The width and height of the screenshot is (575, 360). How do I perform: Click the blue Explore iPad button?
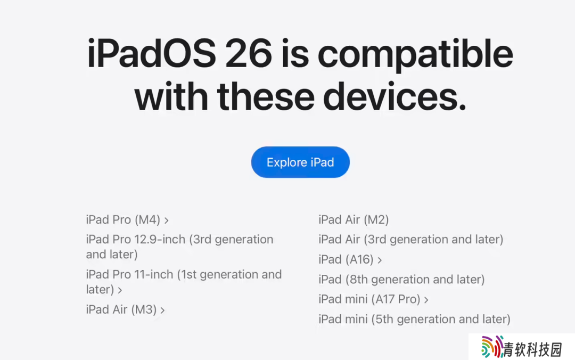(300, 162)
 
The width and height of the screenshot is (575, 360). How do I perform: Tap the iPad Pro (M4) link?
(127, 220)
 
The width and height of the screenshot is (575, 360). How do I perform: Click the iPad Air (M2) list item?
(354, 220)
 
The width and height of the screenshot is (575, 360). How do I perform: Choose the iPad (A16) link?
(350, 260)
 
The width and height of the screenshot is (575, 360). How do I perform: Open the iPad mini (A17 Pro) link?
(373, 299)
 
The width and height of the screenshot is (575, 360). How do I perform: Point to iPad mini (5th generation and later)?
(414, 320)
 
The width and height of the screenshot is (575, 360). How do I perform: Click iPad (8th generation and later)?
(401, 280)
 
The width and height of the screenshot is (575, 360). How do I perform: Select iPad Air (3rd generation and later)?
(410, 240)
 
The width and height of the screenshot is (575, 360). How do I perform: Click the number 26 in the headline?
(249, 54)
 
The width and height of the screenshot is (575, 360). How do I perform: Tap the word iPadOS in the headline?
(151, 54)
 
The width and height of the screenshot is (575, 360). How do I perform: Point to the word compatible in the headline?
(415, 55)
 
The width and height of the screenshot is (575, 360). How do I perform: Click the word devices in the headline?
(395, 96)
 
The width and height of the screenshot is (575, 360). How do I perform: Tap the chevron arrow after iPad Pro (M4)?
(167, 220)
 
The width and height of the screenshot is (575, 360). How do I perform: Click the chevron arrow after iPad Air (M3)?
(162, 310)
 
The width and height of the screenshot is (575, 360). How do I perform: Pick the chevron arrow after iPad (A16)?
(380, 260)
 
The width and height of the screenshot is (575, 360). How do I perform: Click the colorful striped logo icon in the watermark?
(492, 347)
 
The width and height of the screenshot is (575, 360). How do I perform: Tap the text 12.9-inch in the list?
(160, 240)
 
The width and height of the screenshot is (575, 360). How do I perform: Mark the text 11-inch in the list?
(154, 274)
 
